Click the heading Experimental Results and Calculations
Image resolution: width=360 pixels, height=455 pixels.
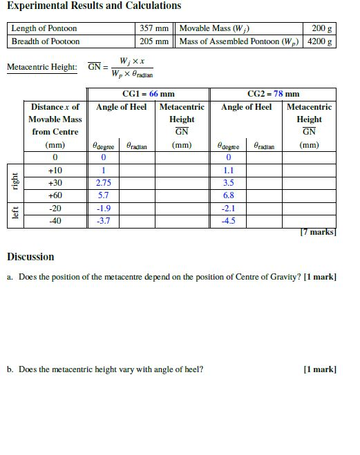[94, 6]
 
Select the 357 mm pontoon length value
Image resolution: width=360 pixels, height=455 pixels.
[154, 28]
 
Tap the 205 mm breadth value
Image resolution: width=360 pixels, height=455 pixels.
[154, 41]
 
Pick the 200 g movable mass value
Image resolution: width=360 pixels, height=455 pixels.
[321, 28]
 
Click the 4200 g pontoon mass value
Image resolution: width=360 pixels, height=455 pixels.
[321, 41]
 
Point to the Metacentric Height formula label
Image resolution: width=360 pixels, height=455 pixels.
[41, 67]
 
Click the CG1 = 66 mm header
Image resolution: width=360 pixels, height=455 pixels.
[149, 94]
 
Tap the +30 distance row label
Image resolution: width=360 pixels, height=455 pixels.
[55, 183]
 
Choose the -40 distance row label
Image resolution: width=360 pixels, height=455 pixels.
[55, 221]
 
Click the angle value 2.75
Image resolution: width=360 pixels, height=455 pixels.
[103, 183]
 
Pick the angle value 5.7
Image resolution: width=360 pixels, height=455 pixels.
[103, 195]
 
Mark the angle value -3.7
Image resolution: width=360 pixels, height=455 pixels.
[103, 221]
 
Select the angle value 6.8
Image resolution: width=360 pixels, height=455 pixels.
[229, 195]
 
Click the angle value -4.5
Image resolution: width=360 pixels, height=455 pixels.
[229, 221]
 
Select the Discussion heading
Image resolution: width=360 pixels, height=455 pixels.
[30, 257]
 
